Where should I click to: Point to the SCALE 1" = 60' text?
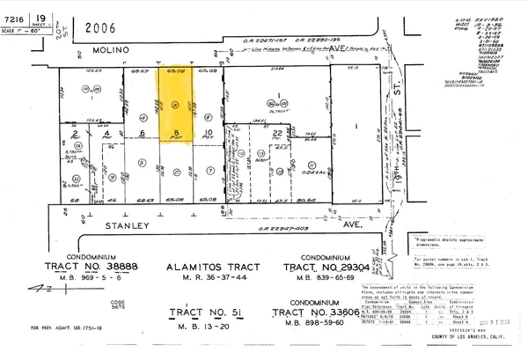(x=23, y=32)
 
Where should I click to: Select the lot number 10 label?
(x=208, y=135)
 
